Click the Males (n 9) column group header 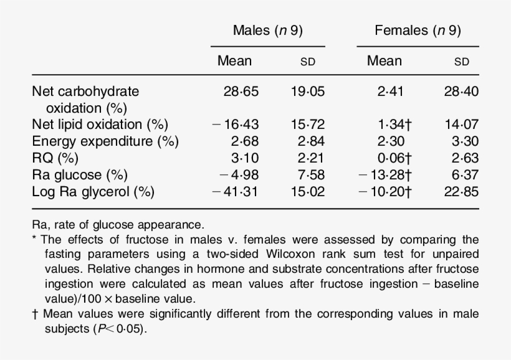tap(267, 31)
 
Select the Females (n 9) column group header tap(418, 31)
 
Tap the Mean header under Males tap(234, 61)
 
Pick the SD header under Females tap(462, 62)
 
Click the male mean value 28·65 tap(241, 92)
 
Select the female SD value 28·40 tap(462, 92)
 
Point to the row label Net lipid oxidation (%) tap(100, 124)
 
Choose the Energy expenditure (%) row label tap(105, 141)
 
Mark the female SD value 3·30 tap(466, 141)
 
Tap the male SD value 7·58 tap(312, 174)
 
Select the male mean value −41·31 tap(236, 191)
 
